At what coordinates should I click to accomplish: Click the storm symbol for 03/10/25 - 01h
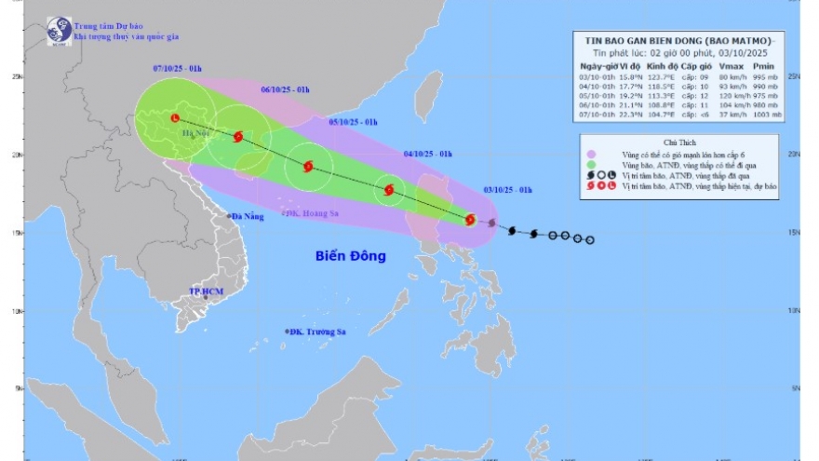(x=470, y=220)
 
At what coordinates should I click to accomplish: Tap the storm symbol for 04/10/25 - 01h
(x=388, y=190)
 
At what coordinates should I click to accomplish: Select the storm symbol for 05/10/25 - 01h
(x=307, y=166)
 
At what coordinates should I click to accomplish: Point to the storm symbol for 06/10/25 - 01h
(x=238, y=137)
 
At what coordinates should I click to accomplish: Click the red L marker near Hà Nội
(x=175, y=118)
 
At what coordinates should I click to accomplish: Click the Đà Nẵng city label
(x=248, y=216)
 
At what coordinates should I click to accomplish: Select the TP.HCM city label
(x=207, y=292)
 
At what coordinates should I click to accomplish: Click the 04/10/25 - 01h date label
(x=428, y=154)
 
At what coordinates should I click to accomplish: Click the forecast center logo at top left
(x=60, y=31)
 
